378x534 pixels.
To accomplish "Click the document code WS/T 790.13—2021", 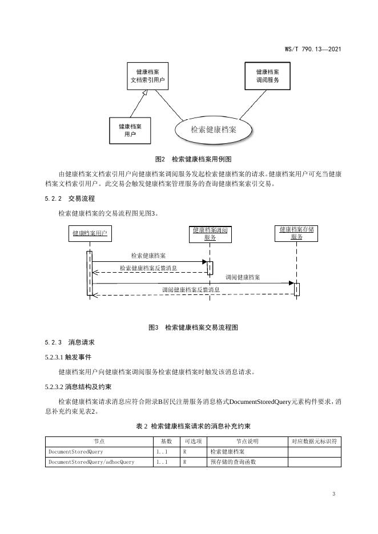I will tap(312, 49).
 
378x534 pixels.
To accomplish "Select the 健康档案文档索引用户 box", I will tap(147, 76).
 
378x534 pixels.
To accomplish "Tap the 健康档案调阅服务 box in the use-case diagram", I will tap(267, 76).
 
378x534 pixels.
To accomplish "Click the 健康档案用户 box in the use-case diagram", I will tap(130, 130).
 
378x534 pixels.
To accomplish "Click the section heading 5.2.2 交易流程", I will tap(70, 199).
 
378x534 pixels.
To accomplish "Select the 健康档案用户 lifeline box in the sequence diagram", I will tap(89, 233).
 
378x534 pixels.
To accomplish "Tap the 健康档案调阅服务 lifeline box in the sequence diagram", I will tap(210, 234).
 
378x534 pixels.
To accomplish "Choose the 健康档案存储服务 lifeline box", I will tap(296, 233).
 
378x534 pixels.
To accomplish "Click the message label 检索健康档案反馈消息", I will tap(148, 268).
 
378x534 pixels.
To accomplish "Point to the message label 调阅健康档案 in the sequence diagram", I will tap(243, 277).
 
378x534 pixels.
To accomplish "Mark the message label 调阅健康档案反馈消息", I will tap(191, 289).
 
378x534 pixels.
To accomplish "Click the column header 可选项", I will tap(193, 441).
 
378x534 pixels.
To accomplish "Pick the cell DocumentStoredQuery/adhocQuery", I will tap(91, 462).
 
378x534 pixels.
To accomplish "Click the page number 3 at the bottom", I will tap(333, 493).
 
